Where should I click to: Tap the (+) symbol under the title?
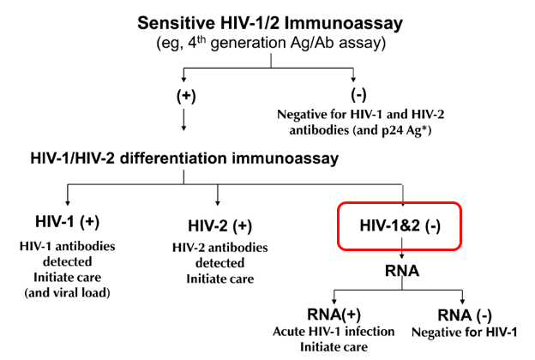[185, 95]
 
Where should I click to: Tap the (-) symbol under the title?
[358, 95]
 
